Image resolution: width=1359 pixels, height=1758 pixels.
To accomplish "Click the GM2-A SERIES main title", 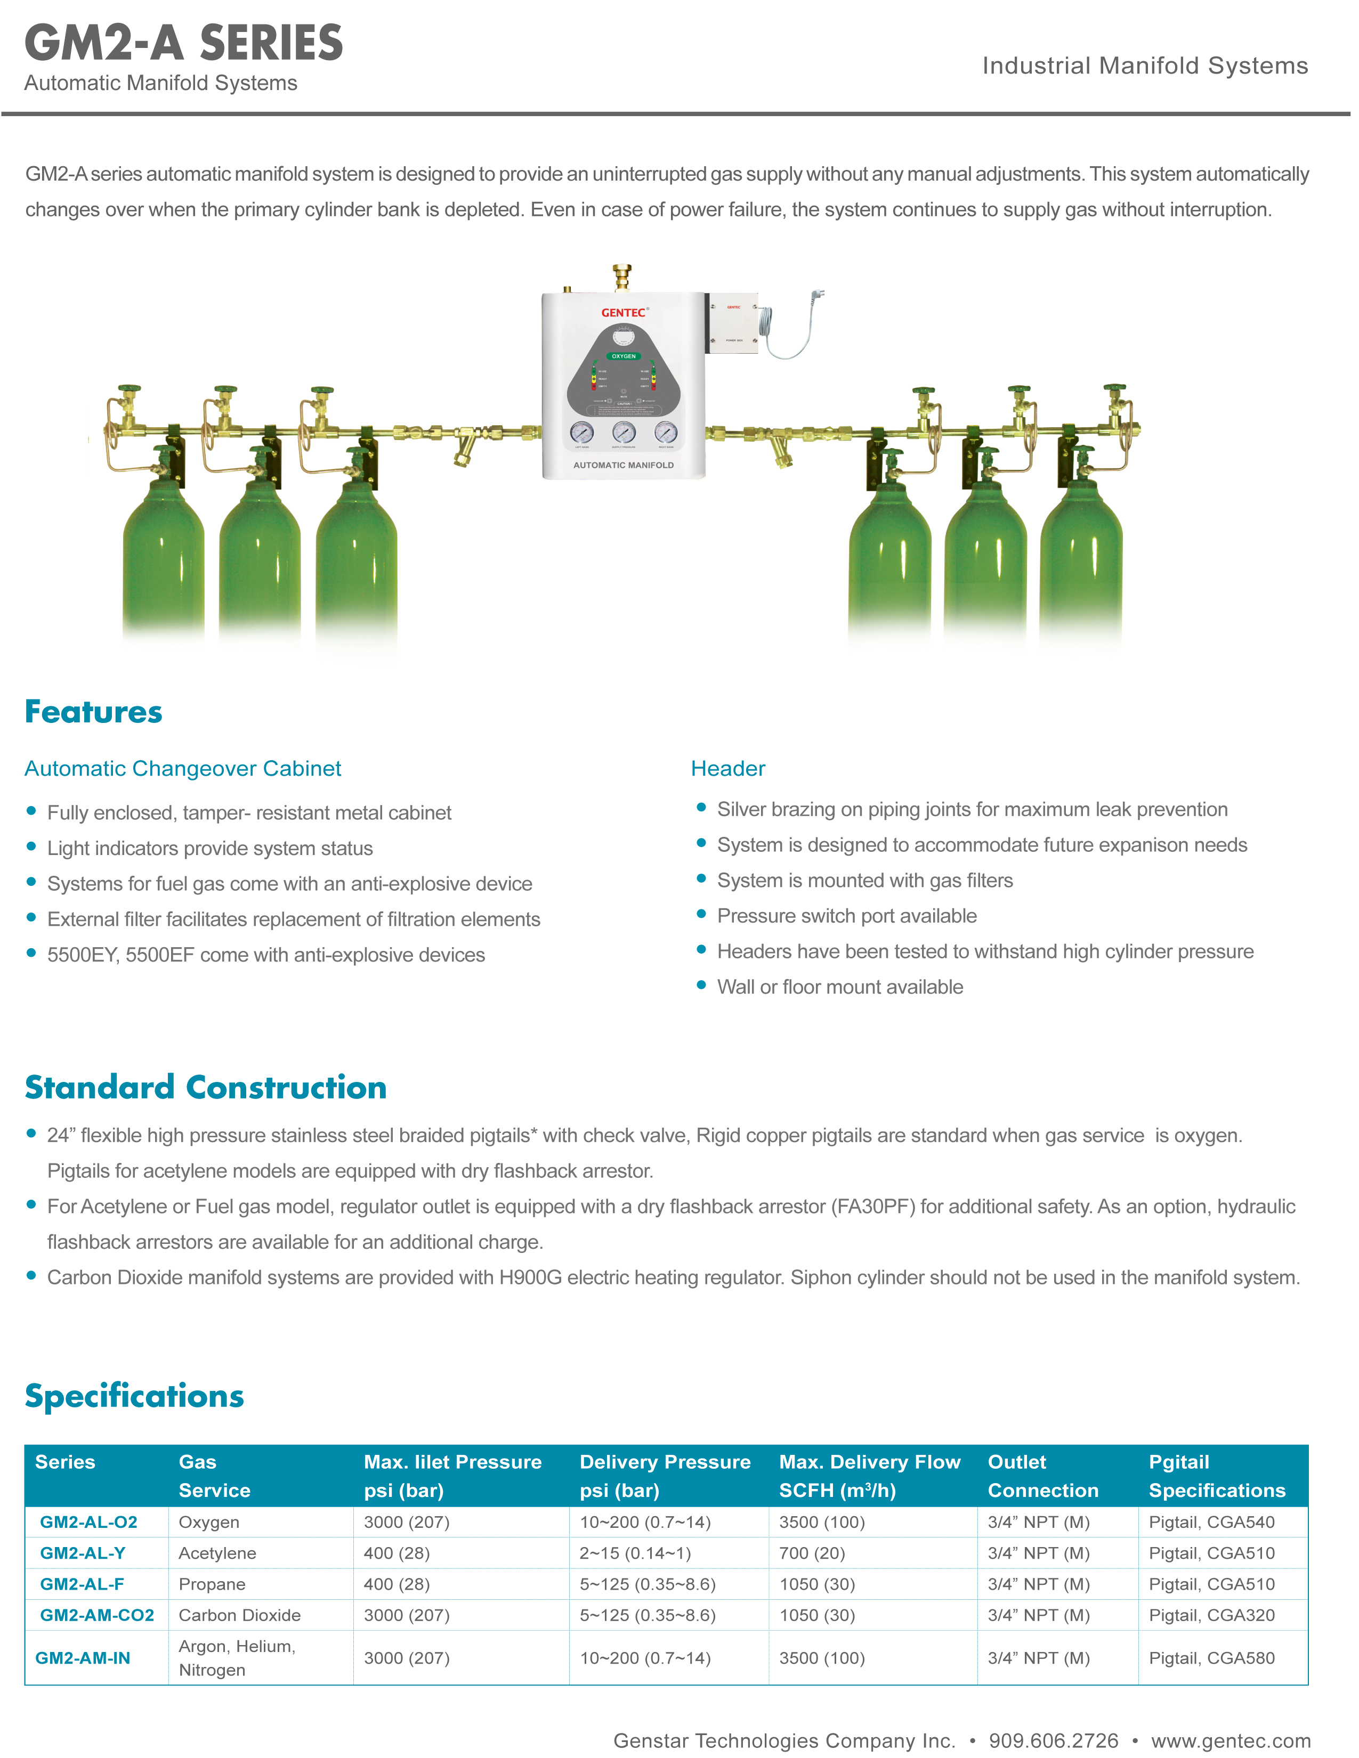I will [183, 44].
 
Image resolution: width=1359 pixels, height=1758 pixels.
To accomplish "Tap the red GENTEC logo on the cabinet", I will [623, 312].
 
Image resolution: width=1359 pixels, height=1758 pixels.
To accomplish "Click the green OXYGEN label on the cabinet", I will [623, 356].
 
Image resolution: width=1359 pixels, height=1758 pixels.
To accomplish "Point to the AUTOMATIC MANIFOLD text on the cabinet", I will [623, 465].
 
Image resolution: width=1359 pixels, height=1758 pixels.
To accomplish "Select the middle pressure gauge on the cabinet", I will [623, 432].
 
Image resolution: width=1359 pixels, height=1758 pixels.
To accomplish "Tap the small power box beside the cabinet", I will [733, 323].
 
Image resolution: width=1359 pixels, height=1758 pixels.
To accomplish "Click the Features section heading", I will [93, 712].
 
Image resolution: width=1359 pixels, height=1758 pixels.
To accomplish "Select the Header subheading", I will [728, 769].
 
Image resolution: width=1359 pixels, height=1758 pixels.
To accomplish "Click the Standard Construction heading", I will [206, 1087].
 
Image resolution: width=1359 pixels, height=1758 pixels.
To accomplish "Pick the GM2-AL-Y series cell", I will [83, 1553].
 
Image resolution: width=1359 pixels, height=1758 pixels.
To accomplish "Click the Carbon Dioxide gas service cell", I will [240, 1616].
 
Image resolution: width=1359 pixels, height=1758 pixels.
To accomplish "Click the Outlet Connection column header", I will [1042, 1476].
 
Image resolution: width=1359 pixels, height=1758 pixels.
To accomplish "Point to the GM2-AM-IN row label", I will [83, 1658].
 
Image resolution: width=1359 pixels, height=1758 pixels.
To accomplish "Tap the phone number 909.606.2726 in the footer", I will [1053, 1740].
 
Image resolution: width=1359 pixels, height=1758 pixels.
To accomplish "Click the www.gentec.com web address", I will [1230, 1740].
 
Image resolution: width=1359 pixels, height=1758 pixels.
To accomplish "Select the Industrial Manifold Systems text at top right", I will [1145, 66].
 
